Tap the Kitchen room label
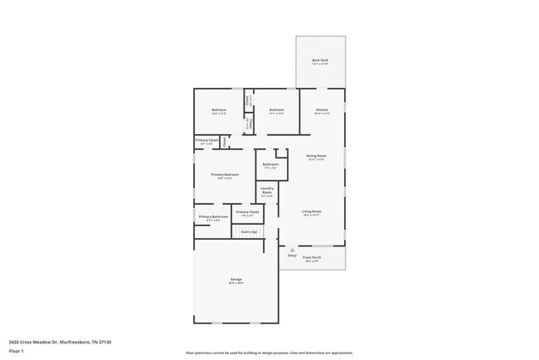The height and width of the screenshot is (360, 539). pos(321,109)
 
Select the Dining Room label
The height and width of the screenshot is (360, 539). pos(316,156)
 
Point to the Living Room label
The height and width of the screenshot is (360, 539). pos(311,212)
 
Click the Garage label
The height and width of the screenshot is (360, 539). pos(236,279)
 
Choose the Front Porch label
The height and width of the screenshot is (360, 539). pos(312,257)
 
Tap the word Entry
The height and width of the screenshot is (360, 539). pos(292,255)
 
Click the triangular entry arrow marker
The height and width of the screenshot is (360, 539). pos(292,249)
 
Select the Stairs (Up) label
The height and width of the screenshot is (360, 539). pos(249,231)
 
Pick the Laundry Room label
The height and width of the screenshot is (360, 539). pos(267,191)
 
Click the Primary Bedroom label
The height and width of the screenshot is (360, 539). pos(225,174)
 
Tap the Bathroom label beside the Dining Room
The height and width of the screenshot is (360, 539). pos(270,164)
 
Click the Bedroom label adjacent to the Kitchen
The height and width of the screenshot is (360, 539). pos(276,109)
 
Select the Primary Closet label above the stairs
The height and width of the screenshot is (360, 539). pos(247,212)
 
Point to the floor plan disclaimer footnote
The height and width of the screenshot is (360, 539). pos(269,353)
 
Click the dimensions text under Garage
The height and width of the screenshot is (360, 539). pos(236,283)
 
